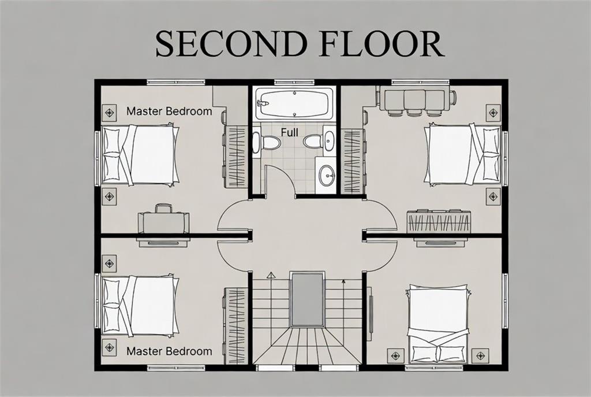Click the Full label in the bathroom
(x=290, y=132)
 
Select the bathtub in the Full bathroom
(x=294, y=103)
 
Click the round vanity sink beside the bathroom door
(x=327, y=175)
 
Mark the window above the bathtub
(x=294, y=82)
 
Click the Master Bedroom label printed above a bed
(x=169, y=112)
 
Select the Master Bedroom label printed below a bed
(x=169, y=351)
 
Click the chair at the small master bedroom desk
(x=164, y=209)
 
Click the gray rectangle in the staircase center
(x=307, y=300)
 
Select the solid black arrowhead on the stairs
(x=343, y=281)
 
